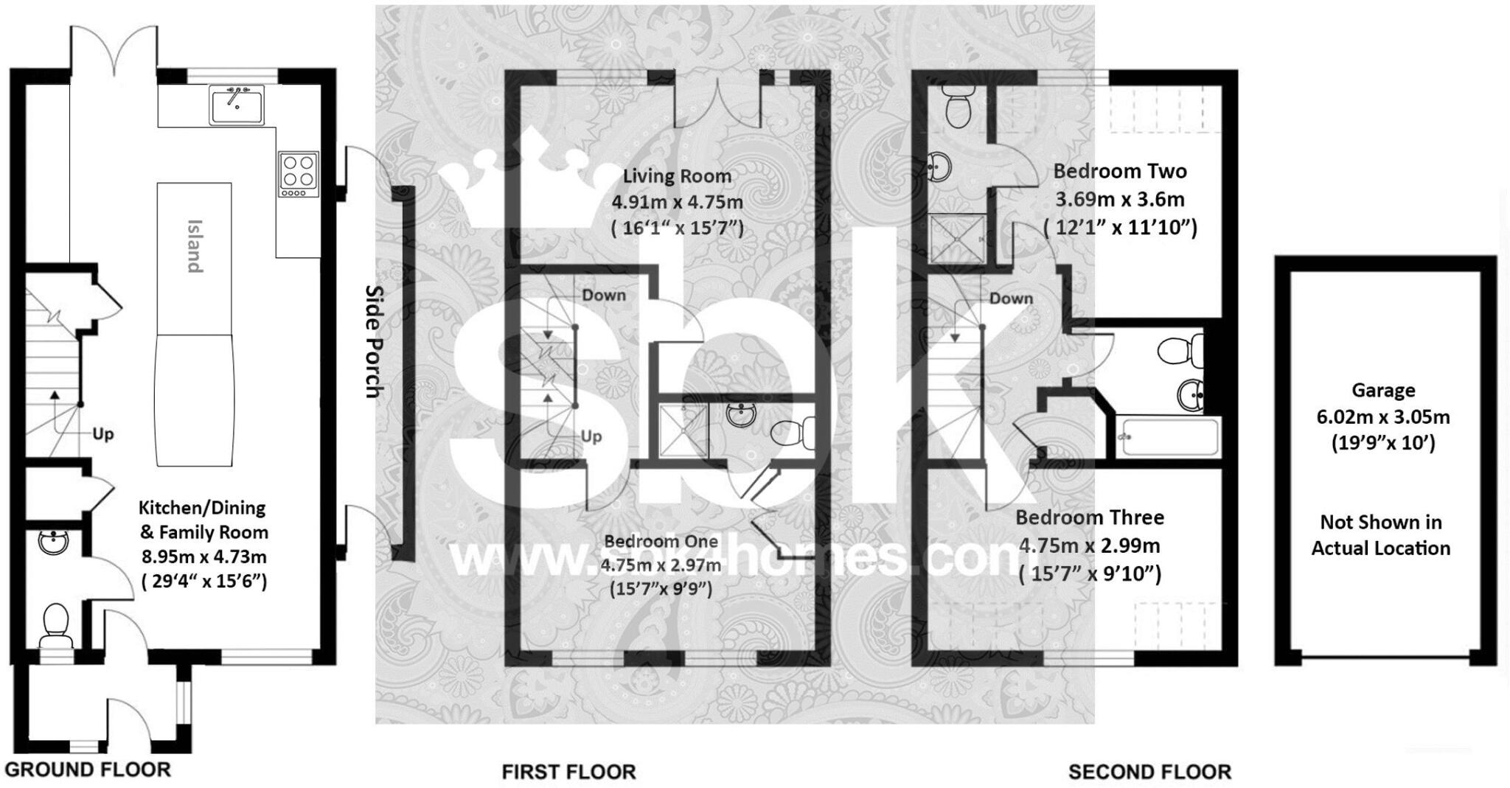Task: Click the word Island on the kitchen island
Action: click(x=194, y=246)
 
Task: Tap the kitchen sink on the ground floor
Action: click(x=236, y=105)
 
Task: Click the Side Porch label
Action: click(x=375, y=341)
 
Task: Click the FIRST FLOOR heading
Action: click(x=568, y=772)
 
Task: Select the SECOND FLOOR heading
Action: click(x=1149, y=772)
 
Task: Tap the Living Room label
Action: click(x=677, y=176)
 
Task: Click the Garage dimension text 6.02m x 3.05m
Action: click(x=1383, y=417)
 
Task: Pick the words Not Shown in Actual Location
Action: click(x=1381, y=535)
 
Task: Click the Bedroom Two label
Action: click(x=1119, y=171)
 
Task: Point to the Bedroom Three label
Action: click(x=1090, y=517)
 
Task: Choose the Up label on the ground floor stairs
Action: click(x=103, y=434)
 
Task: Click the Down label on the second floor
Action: click(x=1011, y=299)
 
